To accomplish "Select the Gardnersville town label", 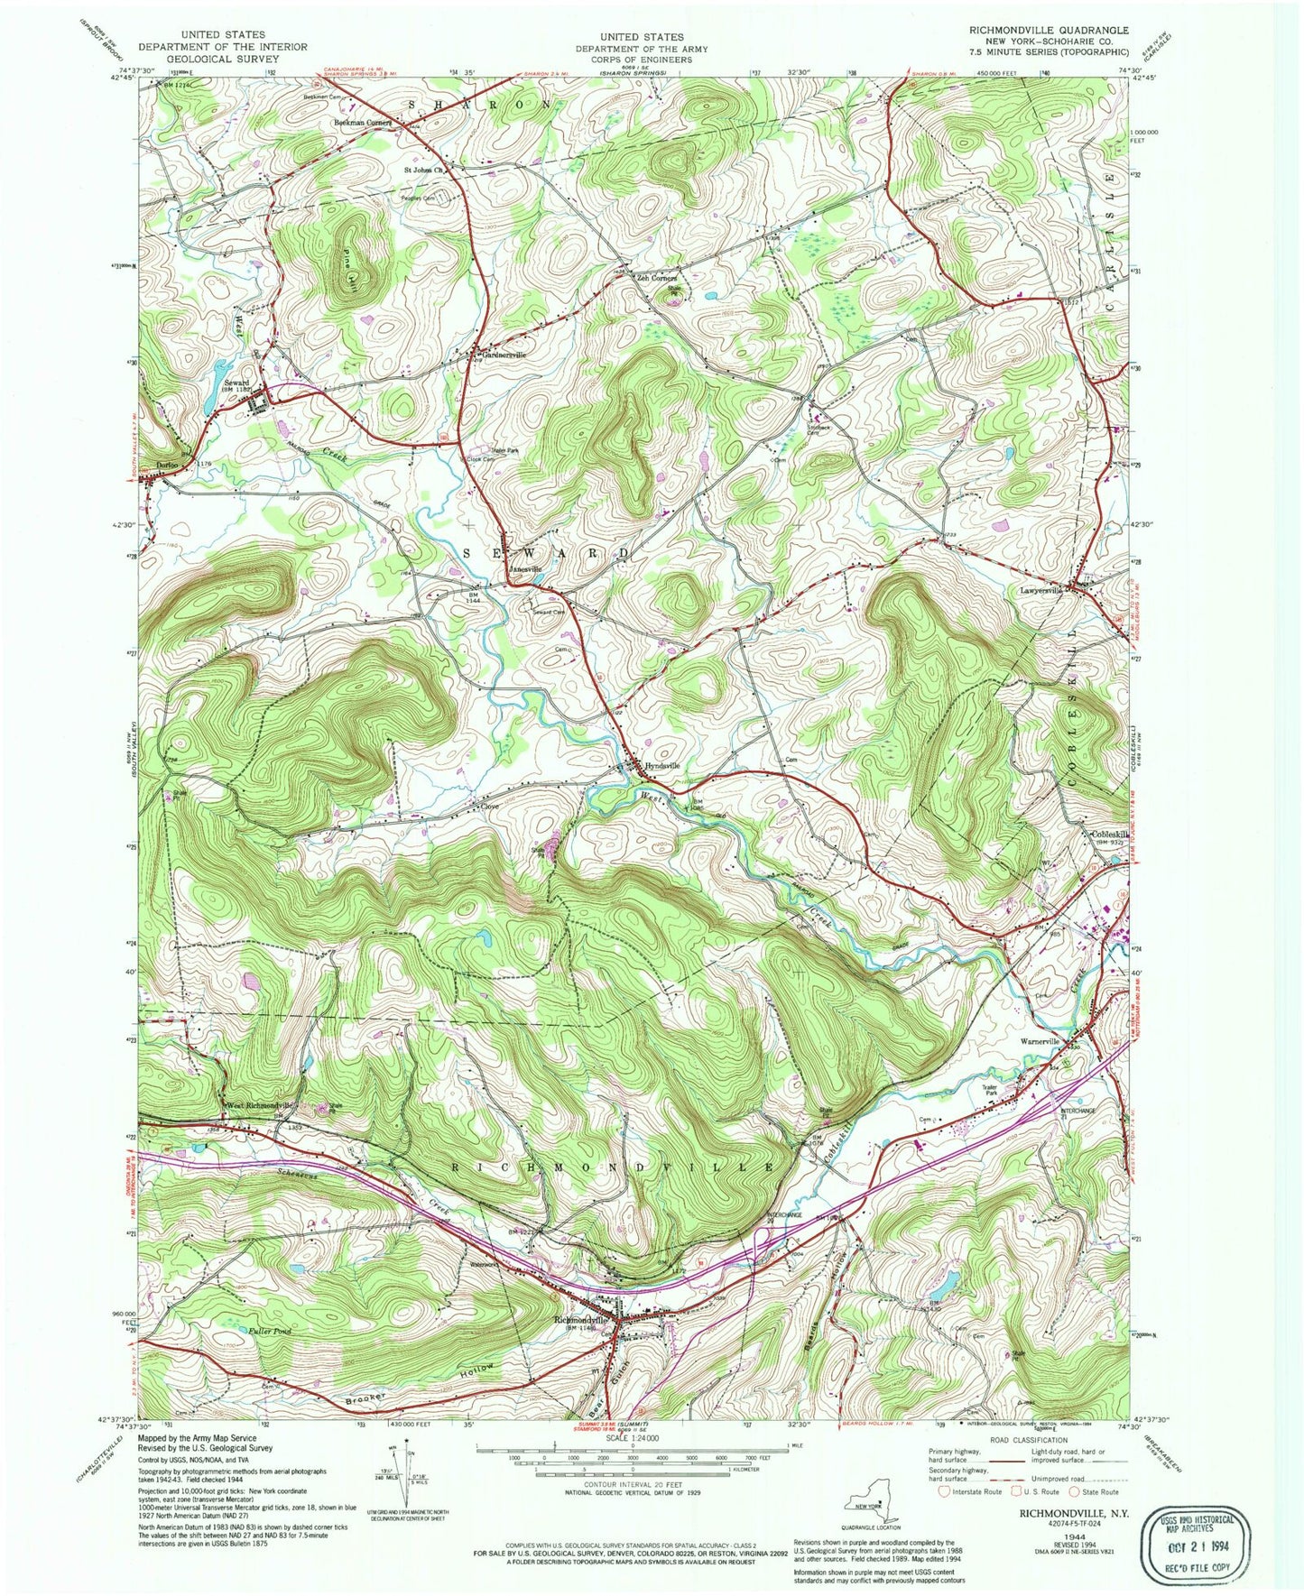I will click(506, 355).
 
